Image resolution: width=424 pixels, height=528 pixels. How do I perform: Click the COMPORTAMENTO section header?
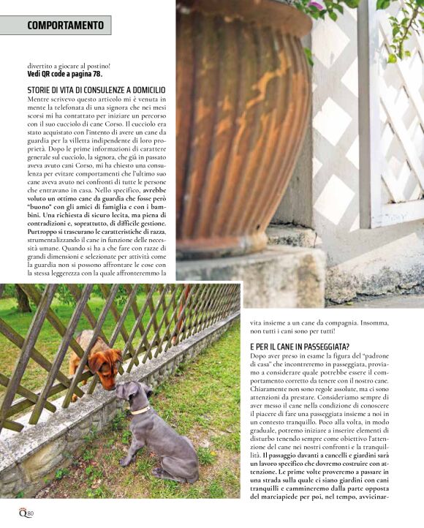66,26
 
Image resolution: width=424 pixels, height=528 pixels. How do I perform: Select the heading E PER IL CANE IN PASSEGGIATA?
300,345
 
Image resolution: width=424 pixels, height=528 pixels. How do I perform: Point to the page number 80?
30,513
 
